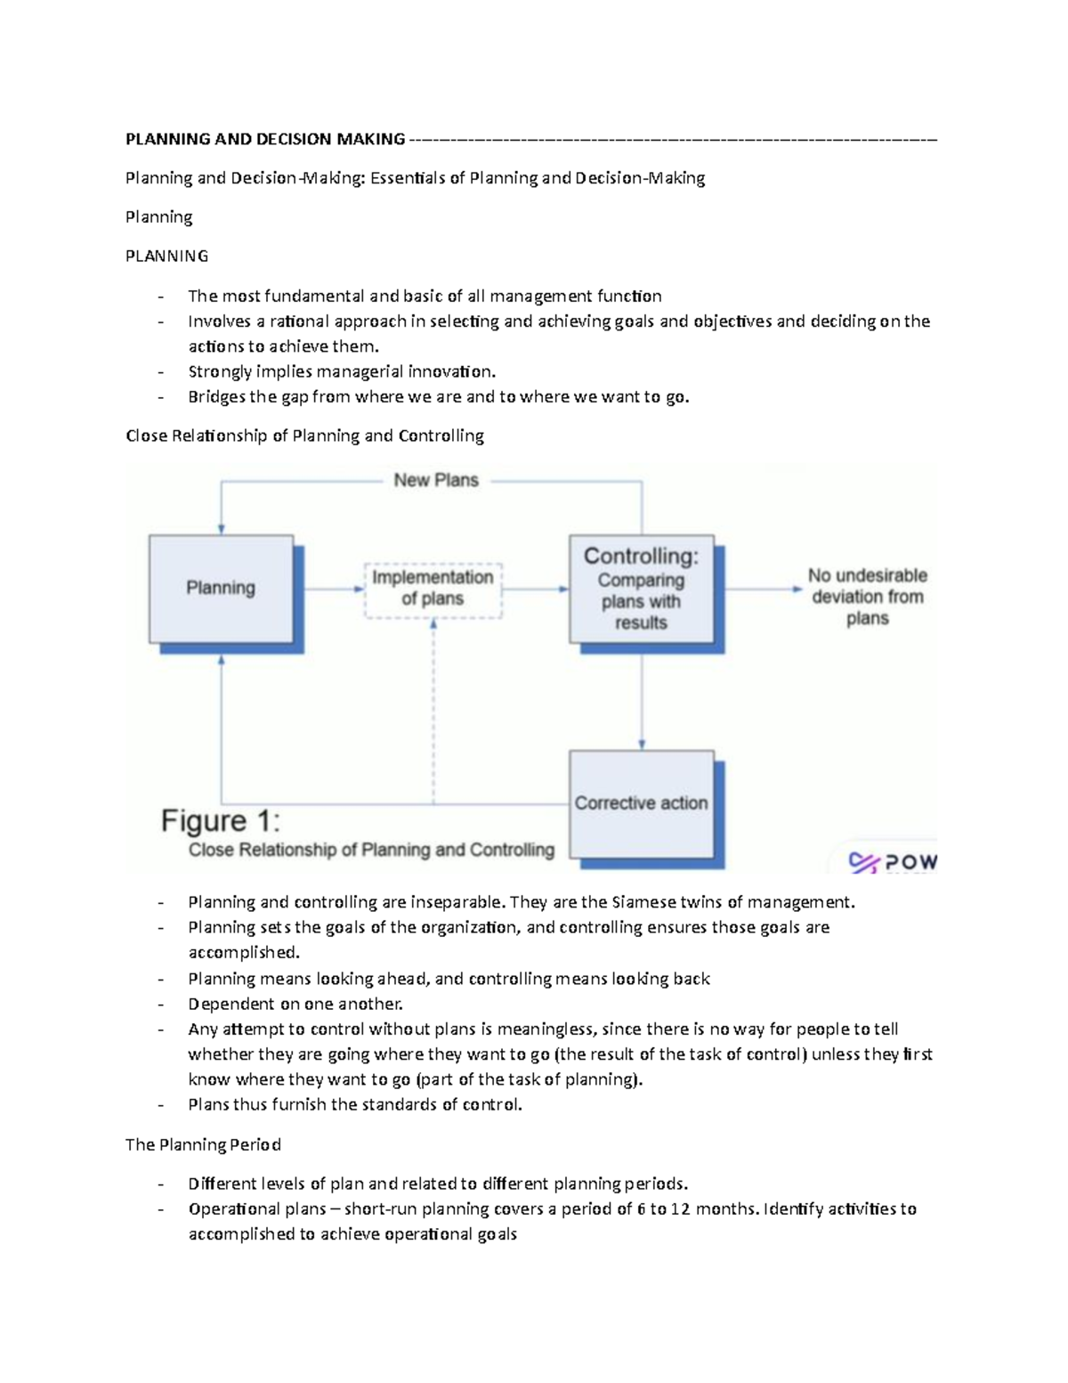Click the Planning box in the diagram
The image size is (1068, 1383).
coord(221,588)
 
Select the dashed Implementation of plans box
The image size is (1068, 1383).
coord(433,589)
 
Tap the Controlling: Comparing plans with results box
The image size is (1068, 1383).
coord(641,589)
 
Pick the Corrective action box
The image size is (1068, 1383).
coord(641,803)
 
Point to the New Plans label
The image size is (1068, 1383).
coord(436,480)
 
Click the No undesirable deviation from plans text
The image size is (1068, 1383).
coord(868,597)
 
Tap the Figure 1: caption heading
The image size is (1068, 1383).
coord(221,820)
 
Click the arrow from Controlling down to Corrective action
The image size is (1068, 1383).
coord(642,699)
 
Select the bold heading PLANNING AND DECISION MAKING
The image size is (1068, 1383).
coord(265,139)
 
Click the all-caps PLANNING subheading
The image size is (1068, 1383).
coord(167,256)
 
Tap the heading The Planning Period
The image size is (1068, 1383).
coord(203,1144)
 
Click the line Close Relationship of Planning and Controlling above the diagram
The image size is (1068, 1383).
coord(304,435)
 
